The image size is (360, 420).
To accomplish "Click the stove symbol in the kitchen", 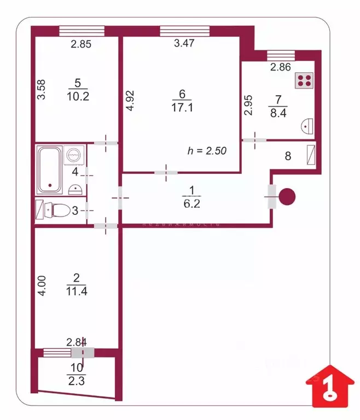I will [304, 80].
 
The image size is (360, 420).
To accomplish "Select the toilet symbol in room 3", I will [57, 209].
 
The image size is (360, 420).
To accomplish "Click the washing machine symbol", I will [74, 155].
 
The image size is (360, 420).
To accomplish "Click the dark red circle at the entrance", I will [287, 196].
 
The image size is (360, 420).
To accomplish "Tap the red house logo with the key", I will [327, 387].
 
